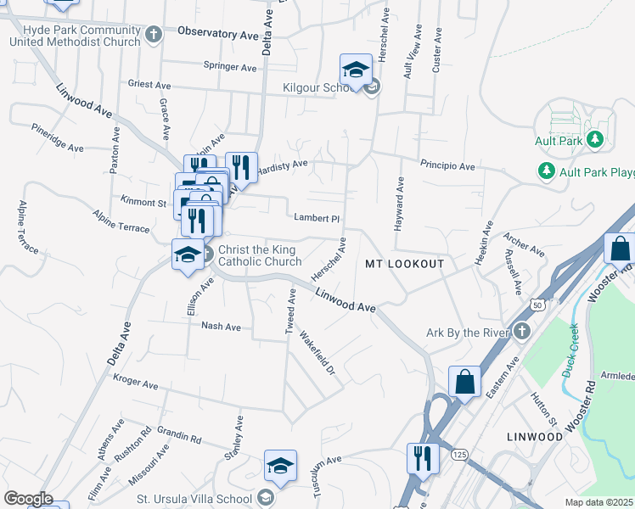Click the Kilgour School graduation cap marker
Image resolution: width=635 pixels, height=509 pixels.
pyautogui.click(x=357, y=69)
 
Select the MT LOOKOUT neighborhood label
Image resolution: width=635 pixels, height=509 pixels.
pyautogui.click(x=405, y=264)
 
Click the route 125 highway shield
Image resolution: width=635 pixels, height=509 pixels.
pyautogui.click(x=459, y=456)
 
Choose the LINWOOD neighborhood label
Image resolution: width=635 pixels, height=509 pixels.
pyautogui.click(x=535, y=436)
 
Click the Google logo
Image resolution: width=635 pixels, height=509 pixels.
pyautogui.click(x=28, y=498)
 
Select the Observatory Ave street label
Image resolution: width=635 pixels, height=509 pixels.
pyautogui.click(x=217, y=35)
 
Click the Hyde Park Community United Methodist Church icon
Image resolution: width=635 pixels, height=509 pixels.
pyautogui.click(x=153, y=35)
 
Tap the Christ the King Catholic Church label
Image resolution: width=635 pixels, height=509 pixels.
pyautogui.click(x=260, y=255)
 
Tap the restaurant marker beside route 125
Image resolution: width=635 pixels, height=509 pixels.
pyautogui.click(x=423, y=459)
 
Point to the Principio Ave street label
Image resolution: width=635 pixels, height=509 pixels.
pyautogui.click(x=447, y=166)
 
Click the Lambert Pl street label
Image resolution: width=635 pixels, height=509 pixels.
pyautogui.click(x=316, y=217)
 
